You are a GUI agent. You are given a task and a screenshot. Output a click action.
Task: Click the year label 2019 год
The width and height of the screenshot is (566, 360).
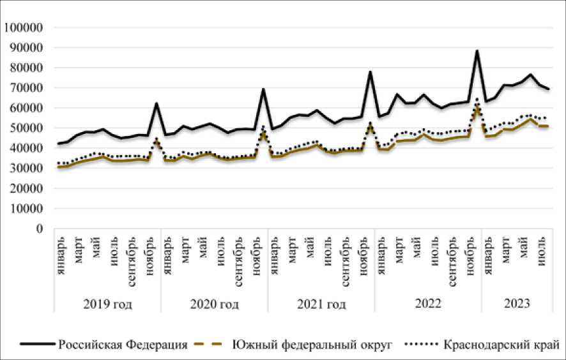coord(108,304)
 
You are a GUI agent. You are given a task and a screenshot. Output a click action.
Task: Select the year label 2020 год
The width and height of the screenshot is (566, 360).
coord(215,304)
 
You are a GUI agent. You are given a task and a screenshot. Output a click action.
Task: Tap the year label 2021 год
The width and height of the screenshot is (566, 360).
coord(321,304)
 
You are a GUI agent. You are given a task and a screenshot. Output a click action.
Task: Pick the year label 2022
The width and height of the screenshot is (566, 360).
coord(427,304)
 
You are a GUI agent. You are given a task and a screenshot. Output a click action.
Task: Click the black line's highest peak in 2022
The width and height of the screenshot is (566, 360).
coord(477,50)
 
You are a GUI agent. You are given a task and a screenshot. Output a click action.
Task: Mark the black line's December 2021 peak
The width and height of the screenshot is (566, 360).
coord(370,71)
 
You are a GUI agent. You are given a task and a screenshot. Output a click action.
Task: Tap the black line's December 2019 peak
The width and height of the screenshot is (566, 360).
coord(157,103)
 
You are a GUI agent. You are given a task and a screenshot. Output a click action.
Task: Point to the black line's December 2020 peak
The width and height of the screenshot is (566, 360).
coord(263,89)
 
